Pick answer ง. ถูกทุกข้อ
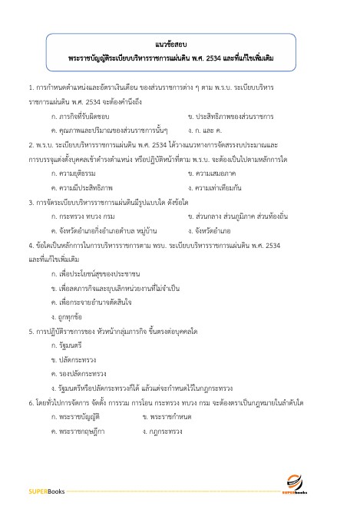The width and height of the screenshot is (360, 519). click(70, 316)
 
